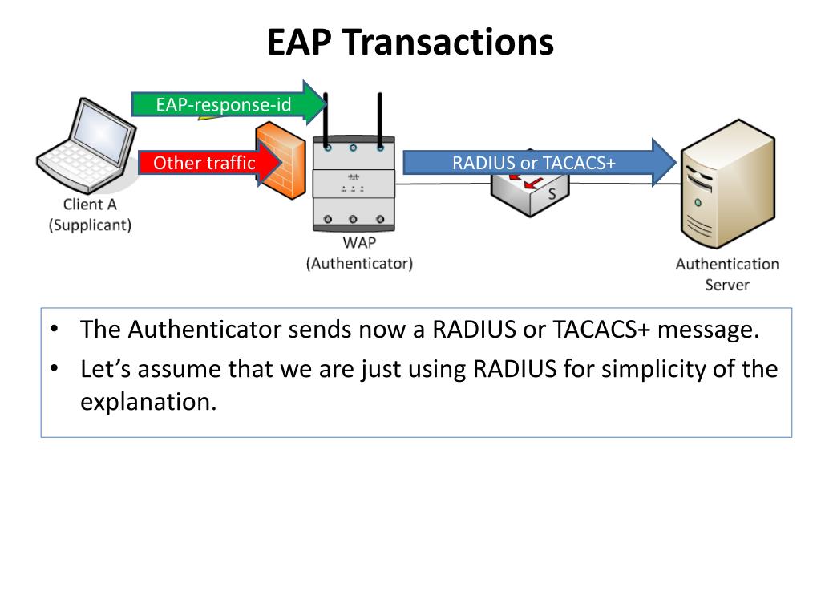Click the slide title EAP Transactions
click(410, 42)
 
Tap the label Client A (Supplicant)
click(90, 215)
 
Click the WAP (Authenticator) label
click(359, 253)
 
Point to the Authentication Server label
click(726, 274)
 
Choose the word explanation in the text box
click(148, 401)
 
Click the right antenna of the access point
click(380, 120)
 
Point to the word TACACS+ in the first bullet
click(588, 330)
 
